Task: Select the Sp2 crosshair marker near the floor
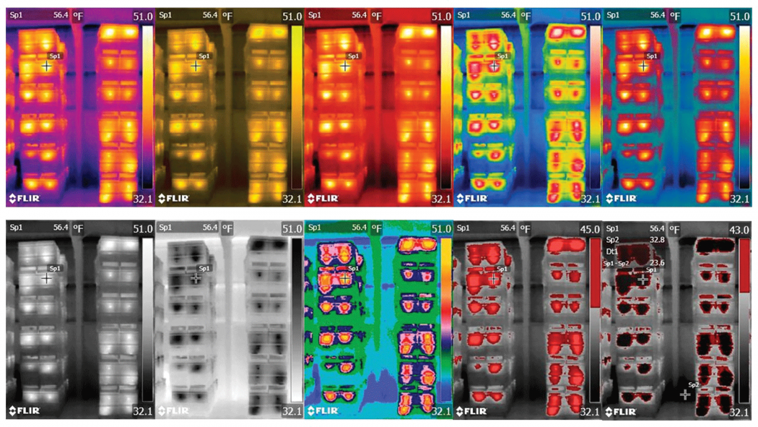click(685, 394)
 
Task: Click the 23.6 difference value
click(658, 263)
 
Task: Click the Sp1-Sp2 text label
click(617, 263)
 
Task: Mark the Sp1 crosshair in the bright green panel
click(345, 277)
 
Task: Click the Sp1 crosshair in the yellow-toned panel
click(196, 66)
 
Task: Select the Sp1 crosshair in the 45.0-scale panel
click(494, 278)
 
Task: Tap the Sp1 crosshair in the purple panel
click(47, 66)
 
